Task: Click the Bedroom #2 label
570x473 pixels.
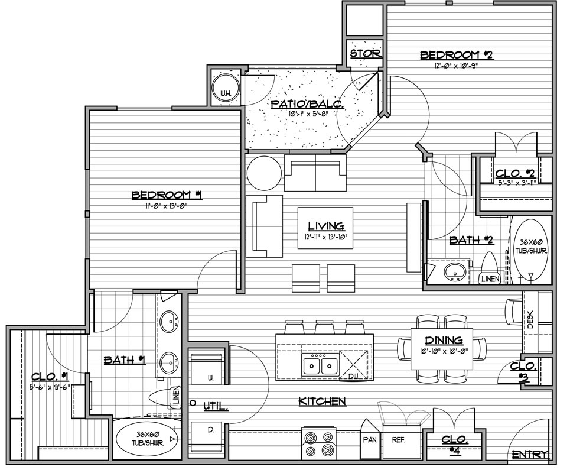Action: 456,55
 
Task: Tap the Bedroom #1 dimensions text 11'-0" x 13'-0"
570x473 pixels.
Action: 167,206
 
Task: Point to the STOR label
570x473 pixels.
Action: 366,54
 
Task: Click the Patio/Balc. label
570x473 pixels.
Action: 308,105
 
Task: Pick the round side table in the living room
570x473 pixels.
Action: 264,173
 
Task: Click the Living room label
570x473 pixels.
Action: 326,226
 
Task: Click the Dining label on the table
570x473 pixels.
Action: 444,341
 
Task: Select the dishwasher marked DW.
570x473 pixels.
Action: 353,365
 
